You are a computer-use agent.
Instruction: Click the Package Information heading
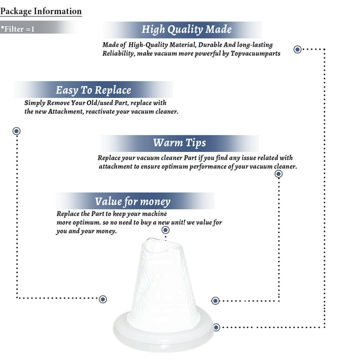(41, 11)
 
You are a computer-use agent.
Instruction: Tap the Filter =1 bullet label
(18, 29)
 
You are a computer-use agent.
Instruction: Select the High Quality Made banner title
(187, 30)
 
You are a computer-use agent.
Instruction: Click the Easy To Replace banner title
(93, 90)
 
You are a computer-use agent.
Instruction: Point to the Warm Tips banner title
(180, 142)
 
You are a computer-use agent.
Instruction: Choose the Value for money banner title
(133, 202)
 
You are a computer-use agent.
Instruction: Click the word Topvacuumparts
(255, 53)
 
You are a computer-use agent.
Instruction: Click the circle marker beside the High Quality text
(298, 49)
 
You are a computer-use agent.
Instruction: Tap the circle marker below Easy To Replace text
(16, 131)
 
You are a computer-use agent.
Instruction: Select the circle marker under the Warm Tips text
(278, 174)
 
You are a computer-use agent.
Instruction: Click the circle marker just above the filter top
(165, 230)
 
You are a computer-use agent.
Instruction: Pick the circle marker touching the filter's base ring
(216, 327)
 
